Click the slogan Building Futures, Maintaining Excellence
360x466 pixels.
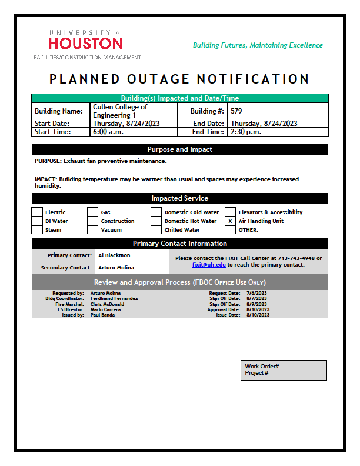(258, 45)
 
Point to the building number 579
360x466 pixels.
(236, 111)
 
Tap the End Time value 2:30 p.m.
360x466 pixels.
(245, 132)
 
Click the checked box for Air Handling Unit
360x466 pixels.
(231, 221)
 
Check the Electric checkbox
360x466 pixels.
(37, 212)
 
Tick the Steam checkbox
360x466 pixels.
(37, 230)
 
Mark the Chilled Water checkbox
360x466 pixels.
(156, 230)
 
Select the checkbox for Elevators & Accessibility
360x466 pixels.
(231, 212)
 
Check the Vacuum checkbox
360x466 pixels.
(92, 230)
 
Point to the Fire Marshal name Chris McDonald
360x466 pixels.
(107, 304)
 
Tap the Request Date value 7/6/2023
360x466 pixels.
(256, 292)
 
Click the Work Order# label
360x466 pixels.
(262, 367)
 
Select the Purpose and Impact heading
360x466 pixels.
(179, 149)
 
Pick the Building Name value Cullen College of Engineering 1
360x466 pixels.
(120, 111)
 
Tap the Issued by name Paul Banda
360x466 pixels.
(102, 315)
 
